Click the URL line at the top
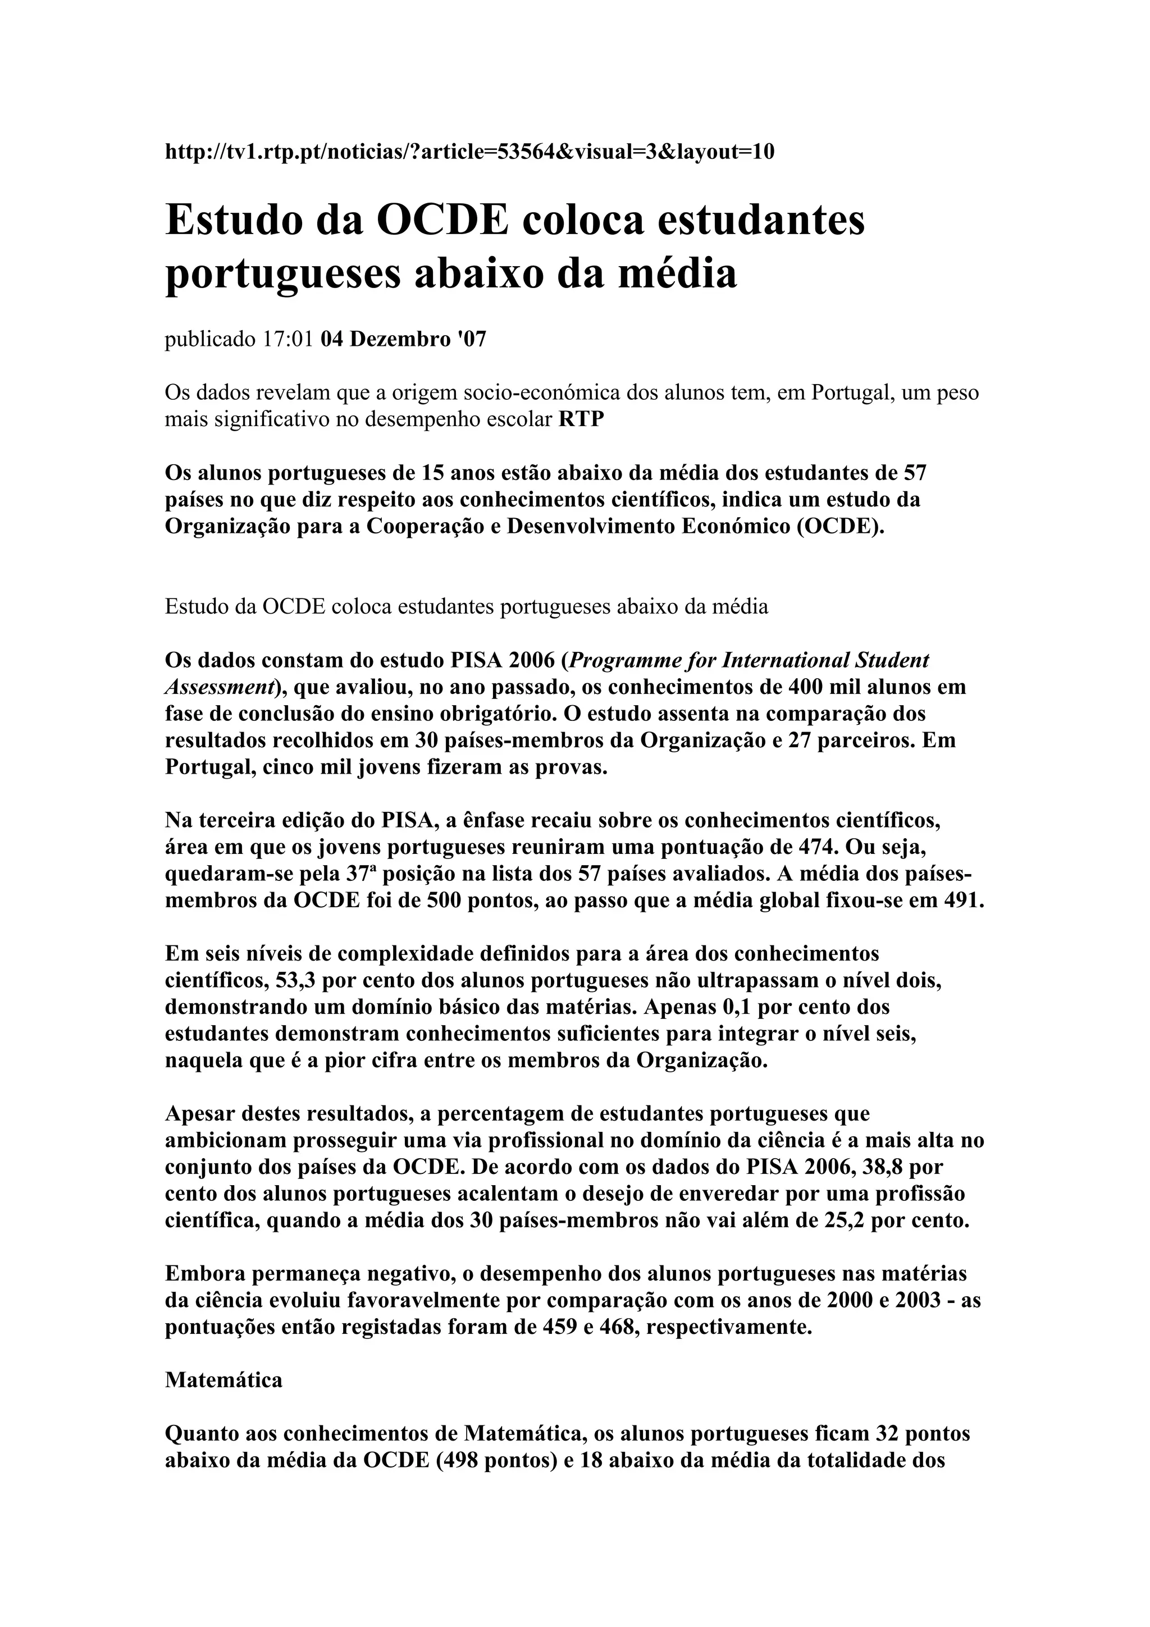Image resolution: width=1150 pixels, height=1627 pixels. coord(469,152)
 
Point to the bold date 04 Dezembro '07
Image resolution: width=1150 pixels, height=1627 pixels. coord(403,340)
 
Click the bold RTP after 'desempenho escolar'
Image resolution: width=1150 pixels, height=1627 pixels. coord(581,419)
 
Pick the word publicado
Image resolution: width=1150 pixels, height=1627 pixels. coord(210,340)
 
